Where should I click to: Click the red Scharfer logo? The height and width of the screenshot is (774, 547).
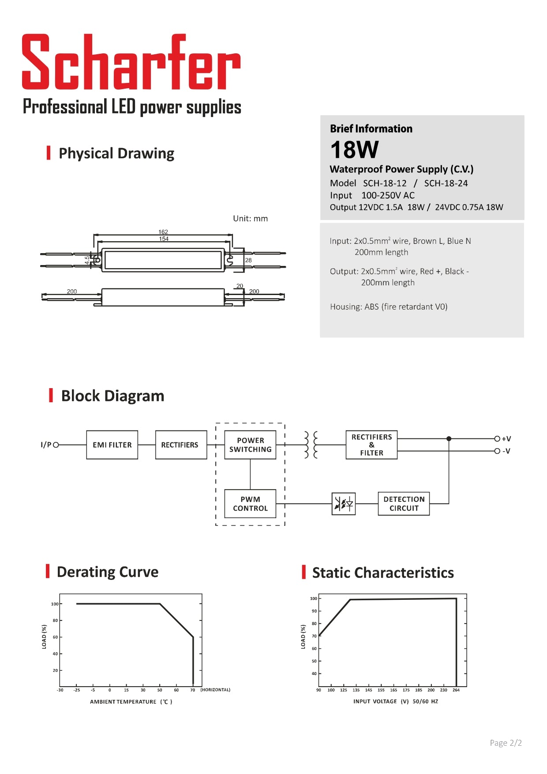pos(131,62)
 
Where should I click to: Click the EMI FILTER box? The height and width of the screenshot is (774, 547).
pos(112,445)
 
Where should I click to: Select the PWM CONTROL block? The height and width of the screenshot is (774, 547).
pos(250,504)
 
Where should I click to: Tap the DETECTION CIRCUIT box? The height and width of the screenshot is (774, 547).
pos(404,504)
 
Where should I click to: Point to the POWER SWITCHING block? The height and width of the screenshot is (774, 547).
pos(250,445)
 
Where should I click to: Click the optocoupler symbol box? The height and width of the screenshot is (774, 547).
pos(343,504)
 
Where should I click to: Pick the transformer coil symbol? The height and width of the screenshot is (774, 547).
pos(311,445)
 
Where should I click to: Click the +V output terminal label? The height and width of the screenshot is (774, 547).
pos(506,439)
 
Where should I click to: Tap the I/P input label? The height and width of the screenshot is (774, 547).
pos(46,445)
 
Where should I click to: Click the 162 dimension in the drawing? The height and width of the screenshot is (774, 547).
pos(163,232)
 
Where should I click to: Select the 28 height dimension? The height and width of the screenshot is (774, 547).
pos(248,260)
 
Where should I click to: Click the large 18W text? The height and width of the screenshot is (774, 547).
pos(354,150)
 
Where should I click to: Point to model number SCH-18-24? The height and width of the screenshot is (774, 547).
pos(446,183)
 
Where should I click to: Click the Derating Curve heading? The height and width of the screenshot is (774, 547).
pos(107,572)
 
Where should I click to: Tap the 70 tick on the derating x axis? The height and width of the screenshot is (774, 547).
pos(193,690)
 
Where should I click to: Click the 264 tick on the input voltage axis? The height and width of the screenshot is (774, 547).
pos(456,690)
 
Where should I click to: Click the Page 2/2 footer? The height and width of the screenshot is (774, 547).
pos(506,743)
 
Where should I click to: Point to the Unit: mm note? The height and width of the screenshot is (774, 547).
pos(250,219)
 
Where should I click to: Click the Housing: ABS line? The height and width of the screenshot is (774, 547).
pos(389,307)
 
